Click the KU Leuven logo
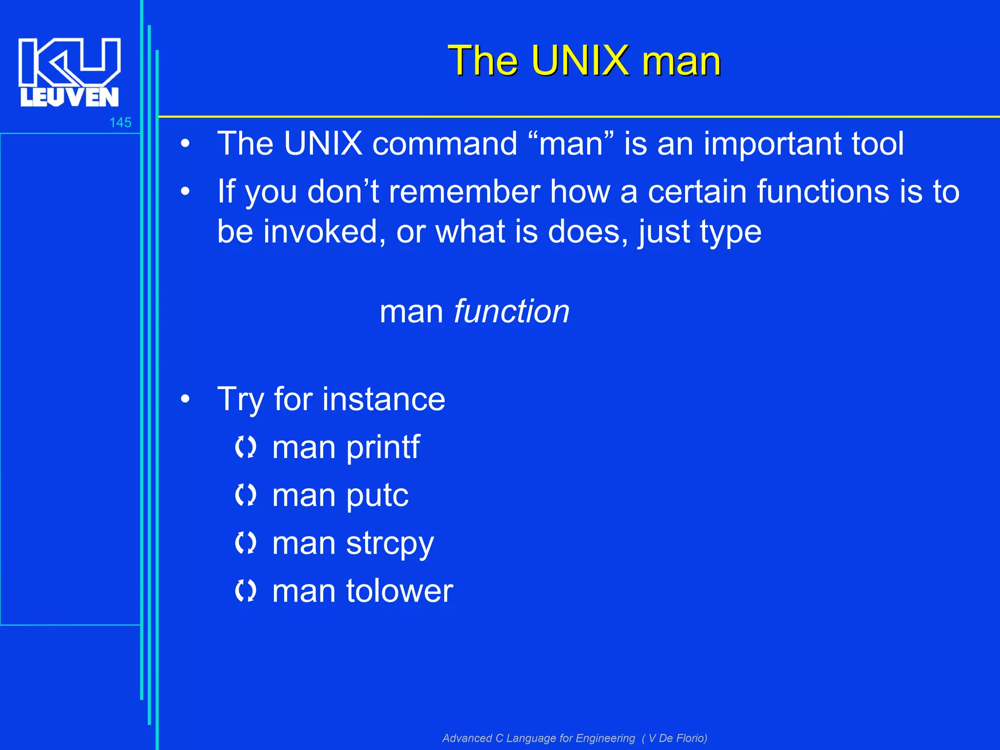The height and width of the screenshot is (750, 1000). coord(69,72)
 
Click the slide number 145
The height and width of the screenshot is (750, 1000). coord(120,123)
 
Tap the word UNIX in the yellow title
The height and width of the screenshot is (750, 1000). coord(581,61)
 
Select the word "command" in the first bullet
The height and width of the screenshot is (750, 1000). coord(444,144)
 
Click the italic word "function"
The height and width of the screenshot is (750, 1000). coord(511,311)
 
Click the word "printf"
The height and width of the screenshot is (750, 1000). coord(382,447)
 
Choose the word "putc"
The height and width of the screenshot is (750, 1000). coord(377,495)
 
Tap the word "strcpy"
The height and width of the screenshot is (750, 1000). coord(390,543)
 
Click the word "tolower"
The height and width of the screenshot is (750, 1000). coord(399,591)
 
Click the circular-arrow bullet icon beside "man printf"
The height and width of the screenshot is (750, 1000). coord(245,447)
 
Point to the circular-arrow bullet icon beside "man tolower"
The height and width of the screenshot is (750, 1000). coord(245,591)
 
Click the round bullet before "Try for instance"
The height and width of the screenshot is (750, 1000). coord(185,399)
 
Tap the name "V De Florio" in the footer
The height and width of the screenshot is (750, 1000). coord(677,738)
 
